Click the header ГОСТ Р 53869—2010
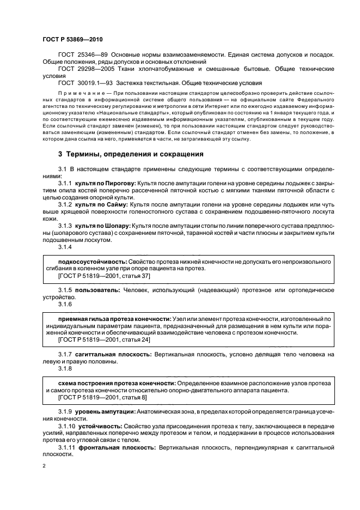72,41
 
